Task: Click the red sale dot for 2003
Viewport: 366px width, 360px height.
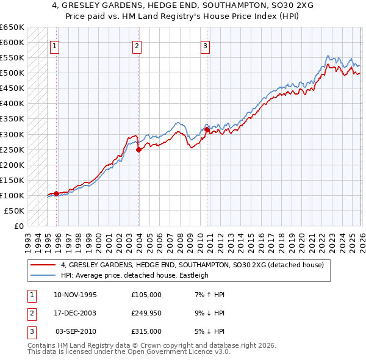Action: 139,149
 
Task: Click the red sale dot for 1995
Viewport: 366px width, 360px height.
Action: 57,193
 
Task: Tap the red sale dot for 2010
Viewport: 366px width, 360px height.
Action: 207,129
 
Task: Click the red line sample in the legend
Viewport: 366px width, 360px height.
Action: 43,265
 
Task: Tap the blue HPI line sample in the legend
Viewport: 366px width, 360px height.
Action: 43,275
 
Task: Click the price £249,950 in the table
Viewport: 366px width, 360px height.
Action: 146,313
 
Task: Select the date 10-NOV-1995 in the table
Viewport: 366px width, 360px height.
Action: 75,295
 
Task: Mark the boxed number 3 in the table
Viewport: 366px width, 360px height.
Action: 32,331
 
